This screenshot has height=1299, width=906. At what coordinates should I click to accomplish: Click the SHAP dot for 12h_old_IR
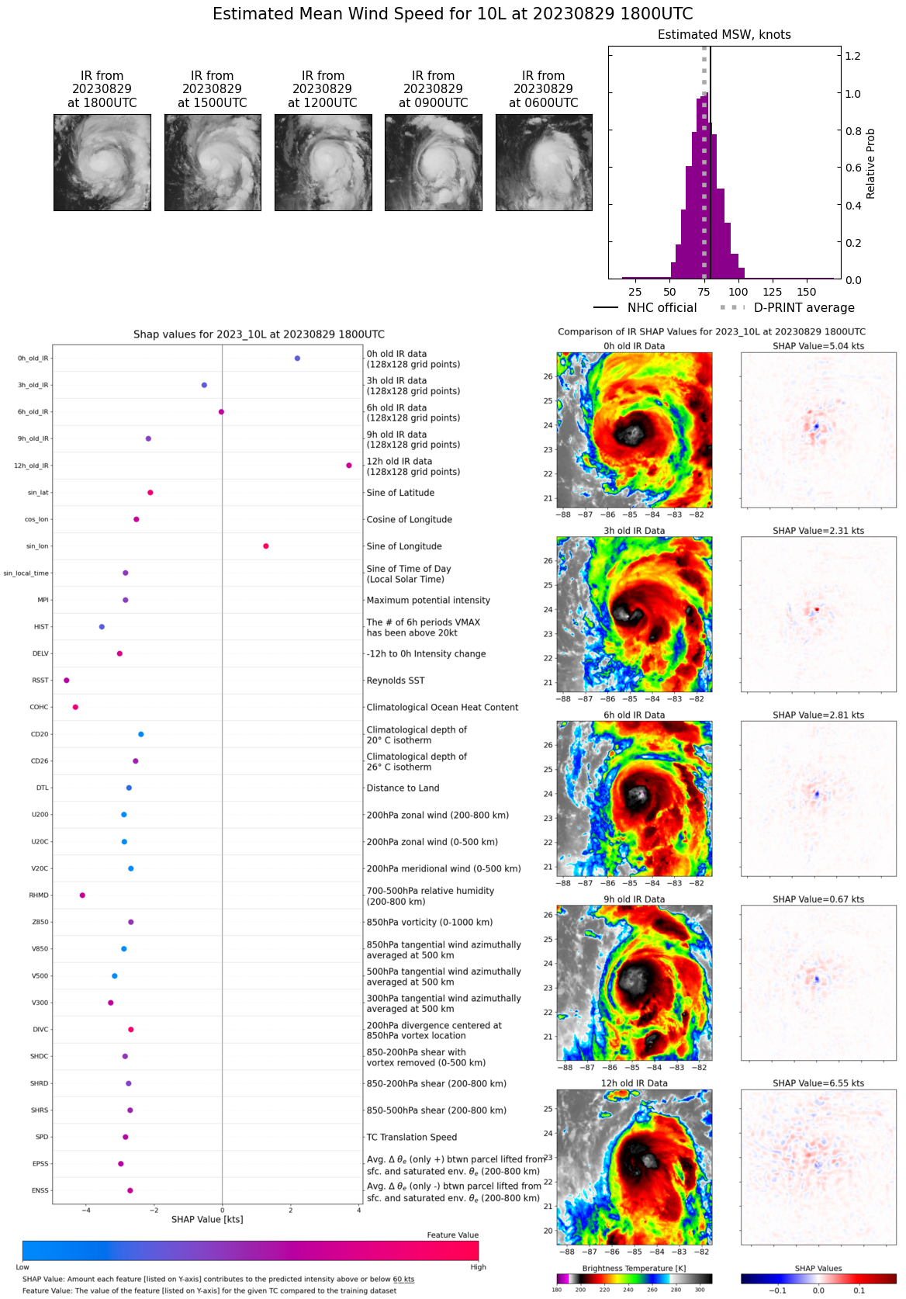(349, 466)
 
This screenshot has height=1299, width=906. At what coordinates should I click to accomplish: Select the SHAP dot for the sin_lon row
(266, 546)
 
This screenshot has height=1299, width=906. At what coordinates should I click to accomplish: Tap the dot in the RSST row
(67, 681)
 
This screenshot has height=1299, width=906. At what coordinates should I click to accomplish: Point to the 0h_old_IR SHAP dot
(297, 359)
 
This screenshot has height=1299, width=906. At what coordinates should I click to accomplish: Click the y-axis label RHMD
(39, 895)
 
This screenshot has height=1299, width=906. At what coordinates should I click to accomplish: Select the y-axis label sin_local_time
(26, 573)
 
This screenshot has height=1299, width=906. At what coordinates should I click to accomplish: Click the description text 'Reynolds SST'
(396, 681)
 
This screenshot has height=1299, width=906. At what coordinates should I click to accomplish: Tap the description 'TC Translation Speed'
(411, 1137)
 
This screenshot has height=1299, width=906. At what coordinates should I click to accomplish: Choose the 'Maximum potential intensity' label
(428, 600)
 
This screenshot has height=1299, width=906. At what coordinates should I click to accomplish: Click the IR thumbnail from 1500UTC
(213, 162)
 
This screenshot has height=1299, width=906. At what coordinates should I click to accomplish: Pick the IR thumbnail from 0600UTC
(544, 162)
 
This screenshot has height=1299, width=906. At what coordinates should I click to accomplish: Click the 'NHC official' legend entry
(662, 308)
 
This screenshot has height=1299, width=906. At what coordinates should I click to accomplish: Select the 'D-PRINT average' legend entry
(804, 308)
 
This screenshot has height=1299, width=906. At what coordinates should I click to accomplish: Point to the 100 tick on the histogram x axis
(738, 292)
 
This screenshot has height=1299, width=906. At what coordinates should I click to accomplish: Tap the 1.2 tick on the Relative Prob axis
(852, 56)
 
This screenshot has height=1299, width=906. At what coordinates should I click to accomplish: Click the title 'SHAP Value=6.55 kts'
(818, 1083)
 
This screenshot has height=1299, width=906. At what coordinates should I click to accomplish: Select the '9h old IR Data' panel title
(634, 899)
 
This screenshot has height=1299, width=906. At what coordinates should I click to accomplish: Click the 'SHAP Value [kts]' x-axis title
(207, 1220)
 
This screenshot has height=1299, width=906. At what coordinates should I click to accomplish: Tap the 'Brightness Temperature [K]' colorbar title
(634, 1269)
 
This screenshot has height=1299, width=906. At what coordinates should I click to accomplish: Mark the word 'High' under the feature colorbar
(478, 1267)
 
